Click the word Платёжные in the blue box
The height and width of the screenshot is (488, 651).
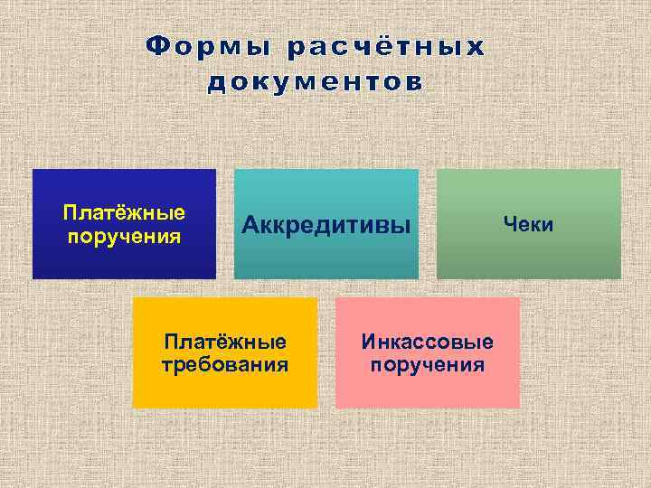point(124,213)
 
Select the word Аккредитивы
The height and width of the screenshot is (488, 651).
point(325,224)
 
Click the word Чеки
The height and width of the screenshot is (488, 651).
point(528,223)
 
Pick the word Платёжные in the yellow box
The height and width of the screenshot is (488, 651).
point(224,343)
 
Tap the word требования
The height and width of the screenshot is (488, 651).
point(224,365)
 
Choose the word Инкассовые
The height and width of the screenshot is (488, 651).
point(427,343)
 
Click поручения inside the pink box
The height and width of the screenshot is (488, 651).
point(427,365)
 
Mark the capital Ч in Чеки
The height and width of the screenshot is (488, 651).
point(509,223)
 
